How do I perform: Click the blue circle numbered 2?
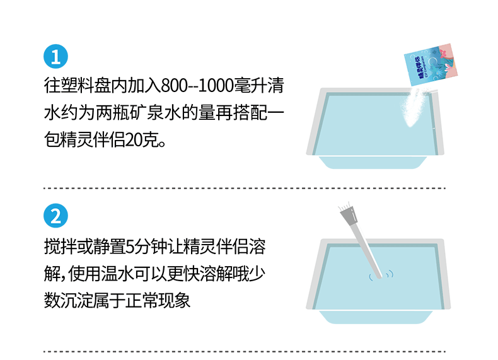55,216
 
